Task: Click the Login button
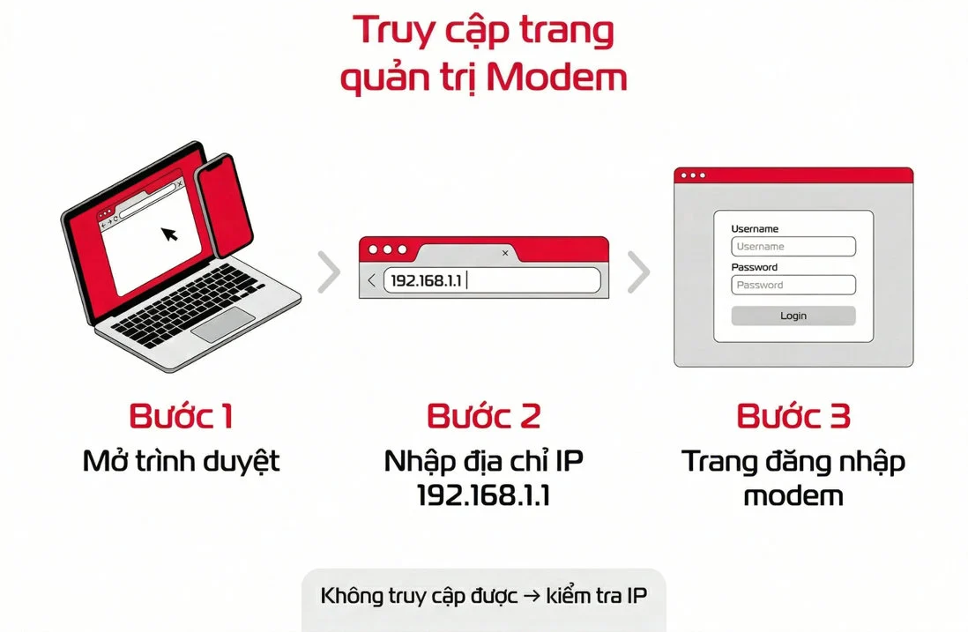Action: pyautogui.click(x=793, y=316)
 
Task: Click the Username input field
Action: pyautogui.click(x=793, y=246)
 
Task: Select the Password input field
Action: pyautogui.click(x=793, y=285)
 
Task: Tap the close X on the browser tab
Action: pyautogui.click(x=505, y=253)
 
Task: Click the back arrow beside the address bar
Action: pyautogui.click(x=372, y=280)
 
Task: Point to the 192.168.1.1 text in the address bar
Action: pyautogui.click(x=426, y=281)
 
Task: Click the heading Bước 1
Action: pyautogui.click(x=181, y=416)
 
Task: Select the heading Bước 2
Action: pyautogui.click(x=483, y=416)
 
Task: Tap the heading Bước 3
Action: pyautogui.click(x=793, y=416)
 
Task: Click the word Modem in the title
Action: pyautogui.click(x=557, y=78)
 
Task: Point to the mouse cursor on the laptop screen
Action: pyautogui.click(x=169, y=234)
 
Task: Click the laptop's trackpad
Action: pyautogui.click(x=223, y=324)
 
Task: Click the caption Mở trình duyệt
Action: pyautogui.click(x=181, y=462)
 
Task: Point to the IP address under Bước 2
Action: pyautogui.click(x=483, y=495)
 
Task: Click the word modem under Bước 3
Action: pyautogui.click(x=793, y=495)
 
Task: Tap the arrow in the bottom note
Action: pyautogui.click(x=531, y=596)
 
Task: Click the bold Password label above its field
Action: pyautogui.click(x=754, y=267)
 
